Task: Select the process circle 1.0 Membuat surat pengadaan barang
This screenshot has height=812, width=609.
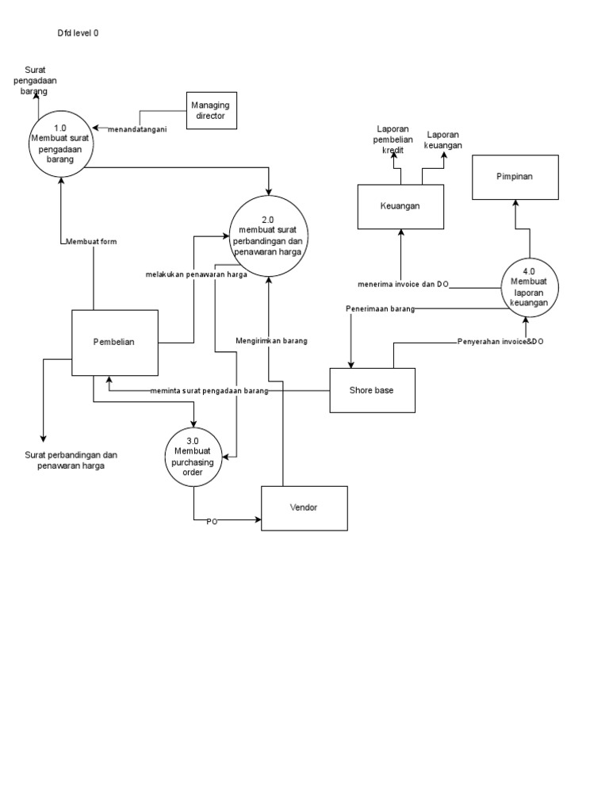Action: click(61, 144)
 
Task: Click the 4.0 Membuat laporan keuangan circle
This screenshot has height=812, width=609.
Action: click(530, 286)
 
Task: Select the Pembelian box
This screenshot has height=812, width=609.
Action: click(114, 342)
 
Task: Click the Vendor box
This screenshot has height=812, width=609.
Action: click(304, 508)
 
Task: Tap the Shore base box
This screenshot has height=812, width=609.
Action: click(372, 390)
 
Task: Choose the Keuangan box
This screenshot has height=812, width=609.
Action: click(400, 206)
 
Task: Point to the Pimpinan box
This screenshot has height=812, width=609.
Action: click(515, 177)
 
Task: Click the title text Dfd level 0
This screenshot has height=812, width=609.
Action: click(78, 33)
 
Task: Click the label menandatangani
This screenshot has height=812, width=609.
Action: click(136, 129)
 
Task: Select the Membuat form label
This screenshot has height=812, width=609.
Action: click(91, 242)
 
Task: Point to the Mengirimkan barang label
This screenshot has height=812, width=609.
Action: click(271, 341)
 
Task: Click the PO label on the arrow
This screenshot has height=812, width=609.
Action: click(212, 522)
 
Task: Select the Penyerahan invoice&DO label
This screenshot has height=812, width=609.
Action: click(500, 342)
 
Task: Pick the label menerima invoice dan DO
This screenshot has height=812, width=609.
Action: click(404, 284)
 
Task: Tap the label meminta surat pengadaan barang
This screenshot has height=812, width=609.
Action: click(209, 391)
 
